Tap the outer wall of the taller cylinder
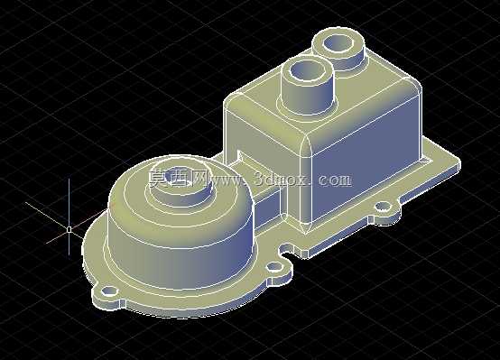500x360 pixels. click(307, 96)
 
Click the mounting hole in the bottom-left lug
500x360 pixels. click(109, 291)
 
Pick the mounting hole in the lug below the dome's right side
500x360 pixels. click(275, 266)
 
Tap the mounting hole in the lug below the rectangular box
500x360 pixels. click(384, 208)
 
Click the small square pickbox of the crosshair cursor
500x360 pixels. click(69, 229)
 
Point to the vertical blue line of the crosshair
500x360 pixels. click(69, 217)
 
